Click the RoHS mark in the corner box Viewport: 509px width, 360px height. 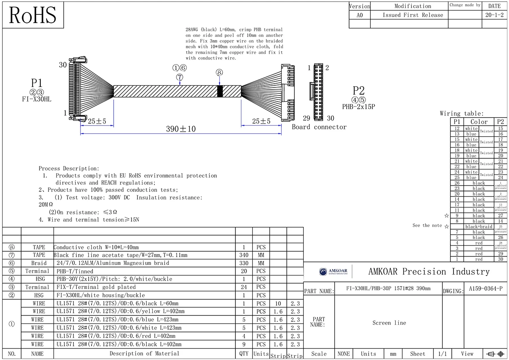point(33,15)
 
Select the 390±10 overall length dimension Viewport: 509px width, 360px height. point(181,129)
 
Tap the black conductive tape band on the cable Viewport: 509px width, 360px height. point(220,91)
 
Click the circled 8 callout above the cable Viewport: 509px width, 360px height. point(219,73)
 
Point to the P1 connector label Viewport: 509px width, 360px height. point(37,83)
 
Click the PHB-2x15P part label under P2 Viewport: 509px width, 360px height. point(358,107)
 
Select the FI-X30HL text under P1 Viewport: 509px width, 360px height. point(37,99)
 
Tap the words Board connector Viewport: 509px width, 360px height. point(319,127)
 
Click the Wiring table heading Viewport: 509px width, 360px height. point(461,113)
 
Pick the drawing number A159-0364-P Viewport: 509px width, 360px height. point(486,289)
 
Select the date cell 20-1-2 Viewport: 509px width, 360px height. point(494,15)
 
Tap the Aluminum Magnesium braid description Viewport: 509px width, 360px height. point(113,263)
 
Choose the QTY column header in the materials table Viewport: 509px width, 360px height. point(244,353)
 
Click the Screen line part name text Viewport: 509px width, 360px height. point(389,323)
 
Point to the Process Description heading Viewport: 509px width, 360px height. point(69,169)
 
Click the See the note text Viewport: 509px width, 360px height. point(427,225)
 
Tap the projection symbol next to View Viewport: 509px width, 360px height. point(496,354)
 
